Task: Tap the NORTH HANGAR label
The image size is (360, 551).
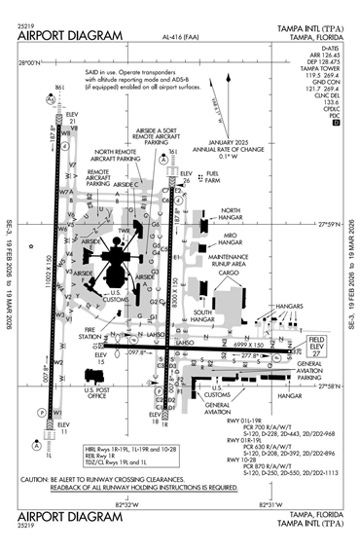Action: click(230, 210)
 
